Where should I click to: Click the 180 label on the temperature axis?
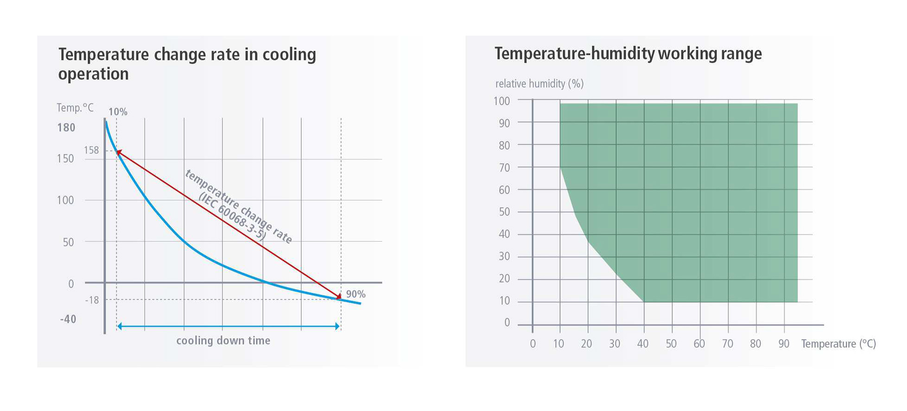point(66,128)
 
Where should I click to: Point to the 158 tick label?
point(91,150)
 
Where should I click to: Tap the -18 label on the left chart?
point(92,300)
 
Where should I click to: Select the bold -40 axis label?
point(68,319)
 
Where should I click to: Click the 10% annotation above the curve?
point(118,112)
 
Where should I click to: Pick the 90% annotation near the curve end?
point(355,294)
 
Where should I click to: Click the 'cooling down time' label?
point(223,341)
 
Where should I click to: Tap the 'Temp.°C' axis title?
point(75,108)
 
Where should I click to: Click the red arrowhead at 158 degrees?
point(119,152)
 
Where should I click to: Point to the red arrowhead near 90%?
point(338,296)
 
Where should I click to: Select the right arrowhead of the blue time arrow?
point(337,327)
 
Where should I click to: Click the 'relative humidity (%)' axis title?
point(539,84)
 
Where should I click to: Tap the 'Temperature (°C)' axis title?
point(838,344)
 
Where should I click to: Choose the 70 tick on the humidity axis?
point(504,168)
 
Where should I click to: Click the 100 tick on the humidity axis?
point(501,101)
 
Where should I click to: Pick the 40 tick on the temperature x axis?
point(643,344)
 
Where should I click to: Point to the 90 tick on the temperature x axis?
point(784,344)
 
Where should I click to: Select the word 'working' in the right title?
point(687,54)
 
